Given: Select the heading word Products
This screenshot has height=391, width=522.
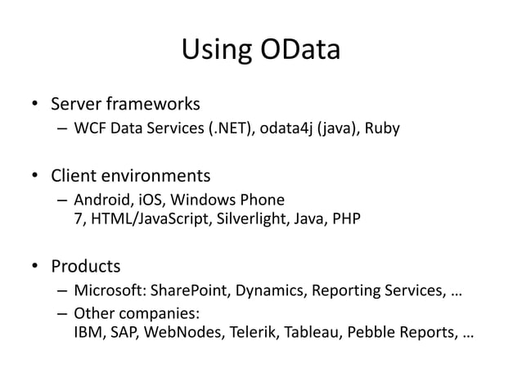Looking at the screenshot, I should [x=86, y=266].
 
